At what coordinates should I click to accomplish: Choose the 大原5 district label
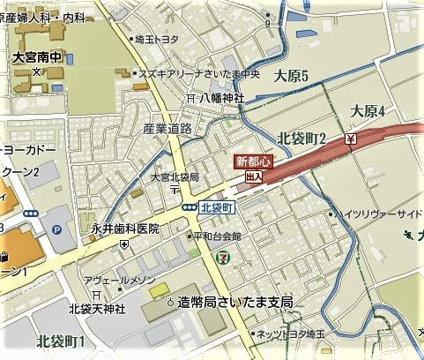tap(290, 76)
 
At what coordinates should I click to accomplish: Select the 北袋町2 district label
tap(301, 138)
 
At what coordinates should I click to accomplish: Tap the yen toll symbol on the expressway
tap(351, 139)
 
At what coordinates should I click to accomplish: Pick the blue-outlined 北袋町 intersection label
tap(216, 207)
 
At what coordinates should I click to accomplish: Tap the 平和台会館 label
tap(218, 236)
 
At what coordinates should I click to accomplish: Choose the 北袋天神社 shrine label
tap(98, 308)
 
